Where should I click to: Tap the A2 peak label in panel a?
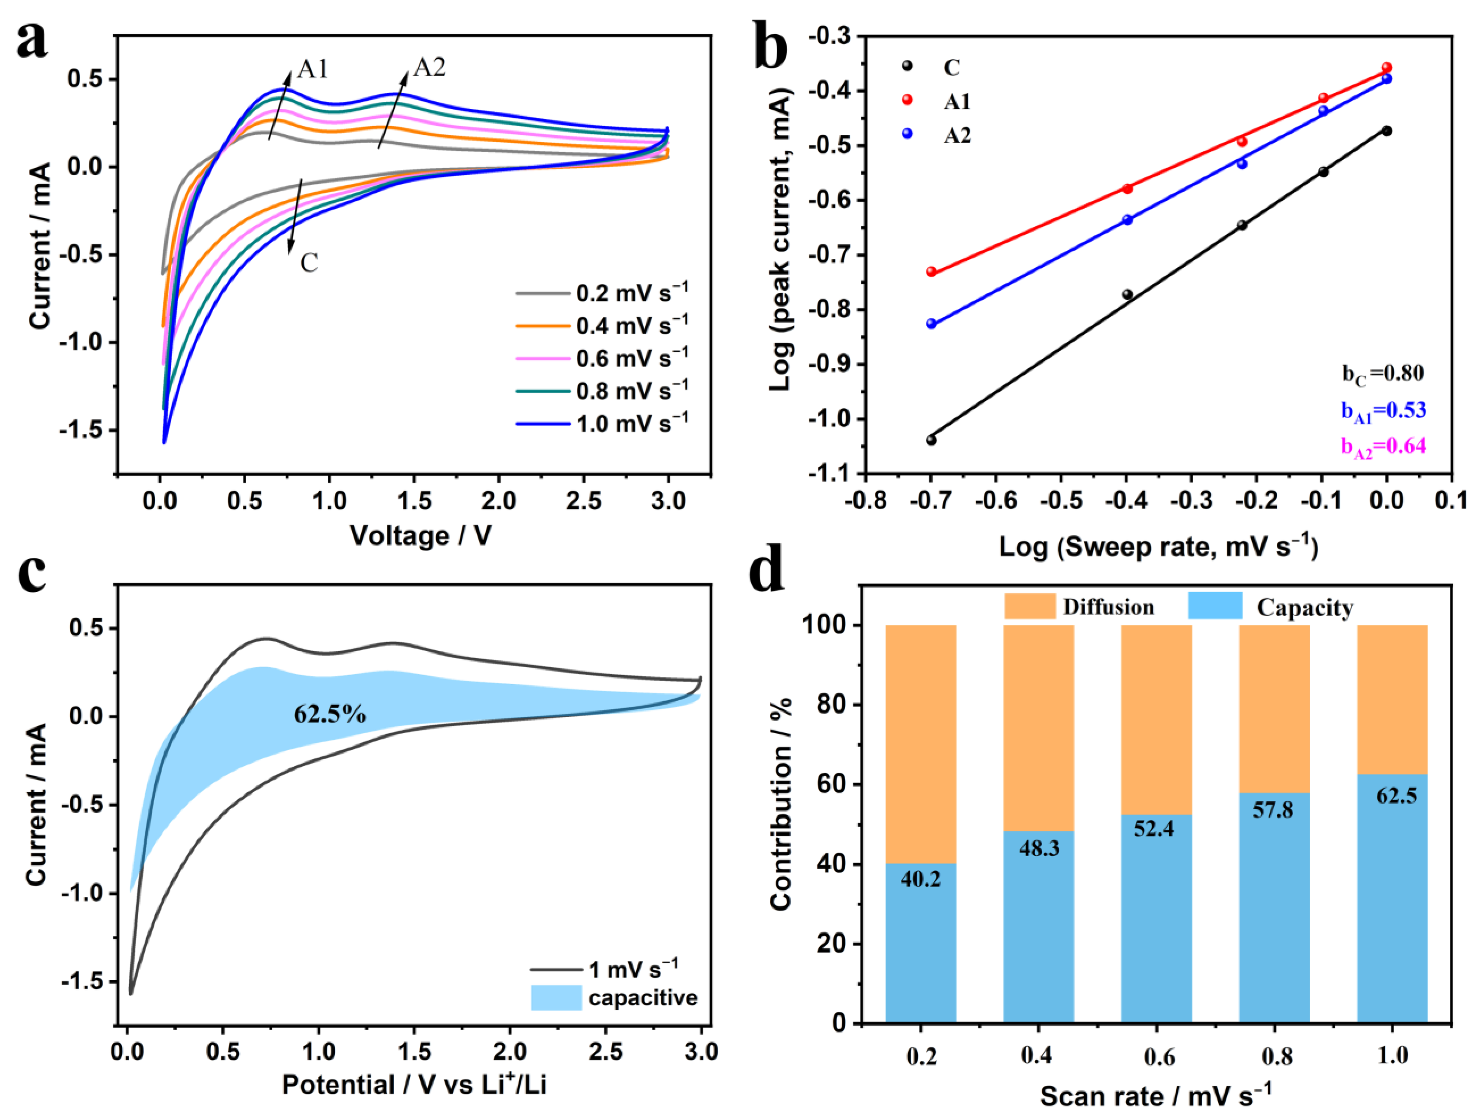429,67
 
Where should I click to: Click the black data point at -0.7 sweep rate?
931,440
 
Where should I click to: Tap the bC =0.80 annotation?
1382,374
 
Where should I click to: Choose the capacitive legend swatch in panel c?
556,997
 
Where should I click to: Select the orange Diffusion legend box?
1030,606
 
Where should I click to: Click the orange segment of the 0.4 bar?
1038,727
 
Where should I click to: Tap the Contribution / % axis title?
781,804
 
